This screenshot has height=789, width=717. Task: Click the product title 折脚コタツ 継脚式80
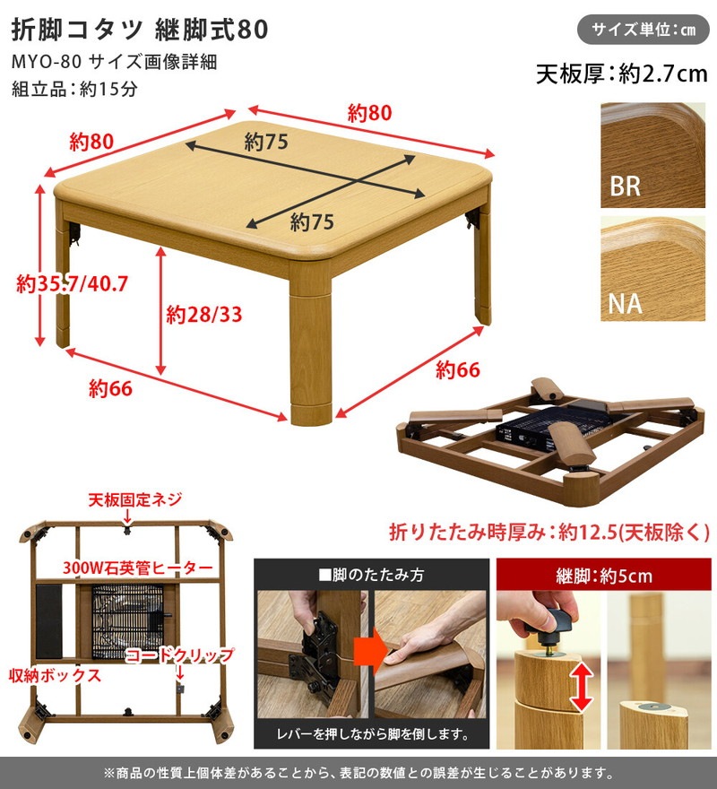[139, 30]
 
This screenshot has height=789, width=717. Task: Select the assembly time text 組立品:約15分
[74, 90]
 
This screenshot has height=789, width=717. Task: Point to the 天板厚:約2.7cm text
[621, 74]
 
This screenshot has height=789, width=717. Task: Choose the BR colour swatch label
[625, 186]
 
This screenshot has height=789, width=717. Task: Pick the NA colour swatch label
[625, 303]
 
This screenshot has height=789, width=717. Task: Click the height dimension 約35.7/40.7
[73, 284]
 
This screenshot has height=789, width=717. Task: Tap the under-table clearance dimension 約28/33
[204, 315]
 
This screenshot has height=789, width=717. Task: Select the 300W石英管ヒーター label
[138, 568]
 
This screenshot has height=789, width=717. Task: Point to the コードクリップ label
[178, 655]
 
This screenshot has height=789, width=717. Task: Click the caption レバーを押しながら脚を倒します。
[371, 734]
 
